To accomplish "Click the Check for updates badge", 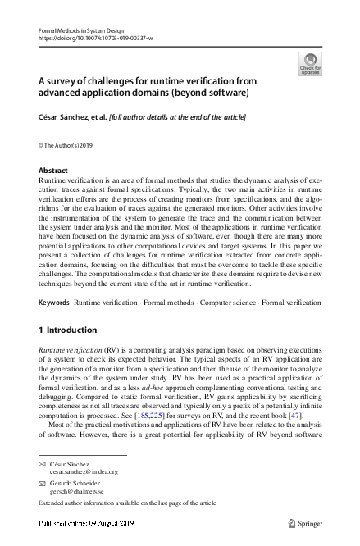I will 310,64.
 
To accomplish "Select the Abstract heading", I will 53,171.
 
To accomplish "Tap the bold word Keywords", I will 54,303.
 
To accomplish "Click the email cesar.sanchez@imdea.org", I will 84,471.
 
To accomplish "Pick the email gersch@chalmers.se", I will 79,492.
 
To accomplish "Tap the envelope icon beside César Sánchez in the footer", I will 42,464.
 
